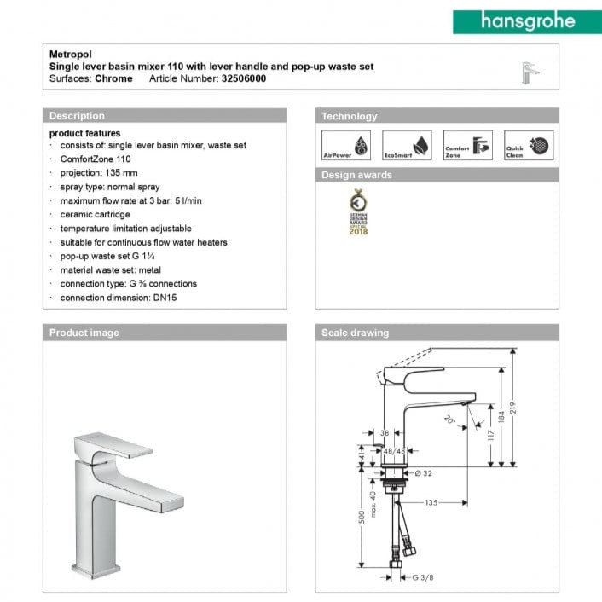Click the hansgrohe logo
pos(526,21)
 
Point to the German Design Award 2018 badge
pos(357,214)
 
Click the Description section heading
pos(78,116)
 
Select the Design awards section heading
pos(356,175)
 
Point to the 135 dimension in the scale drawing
pos(431,503)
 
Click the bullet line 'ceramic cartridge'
pos(96,215)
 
